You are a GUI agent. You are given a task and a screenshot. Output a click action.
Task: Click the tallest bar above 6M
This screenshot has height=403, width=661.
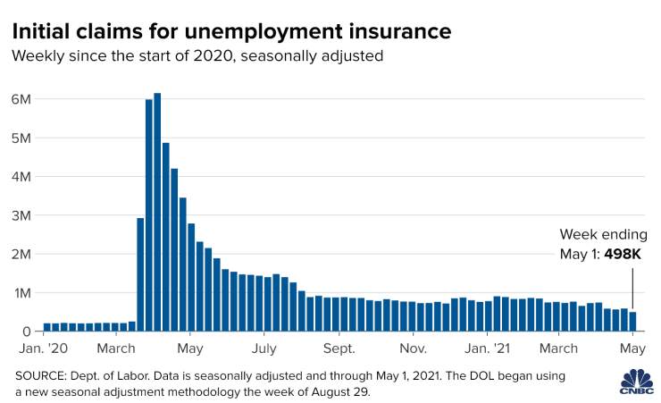point(157,212)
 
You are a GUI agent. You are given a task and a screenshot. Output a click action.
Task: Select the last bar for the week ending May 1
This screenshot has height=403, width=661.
point(632,322)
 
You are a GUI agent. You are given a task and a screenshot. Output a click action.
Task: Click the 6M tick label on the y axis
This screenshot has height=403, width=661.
point(21,99)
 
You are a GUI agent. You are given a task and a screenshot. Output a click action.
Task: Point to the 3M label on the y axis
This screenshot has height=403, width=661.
point(21,216)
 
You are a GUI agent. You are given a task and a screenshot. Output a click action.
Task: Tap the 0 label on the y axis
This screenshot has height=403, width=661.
point(27,332)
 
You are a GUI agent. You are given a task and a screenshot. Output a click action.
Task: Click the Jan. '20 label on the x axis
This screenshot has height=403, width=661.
point(44,348)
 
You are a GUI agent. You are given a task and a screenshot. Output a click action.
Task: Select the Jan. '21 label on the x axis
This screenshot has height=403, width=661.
point(488,348)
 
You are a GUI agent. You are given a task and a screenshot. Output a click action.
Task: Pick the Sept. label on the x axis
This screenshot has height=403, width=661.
point(339,349)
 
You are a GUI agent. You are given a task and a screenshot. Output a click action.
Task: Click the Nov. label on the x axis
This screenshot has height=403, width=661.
point(413,348)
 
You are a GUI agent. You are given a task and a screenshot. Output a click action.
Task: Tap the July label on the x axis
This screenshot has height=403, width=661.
point(264,349)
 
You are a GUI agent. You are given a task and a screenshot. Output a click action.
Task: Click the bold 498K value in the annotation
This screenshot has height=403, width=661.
point(623,254)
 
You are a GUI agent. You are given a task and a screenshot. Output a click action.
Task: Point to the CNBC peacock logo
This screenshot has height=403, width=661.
point(637,382)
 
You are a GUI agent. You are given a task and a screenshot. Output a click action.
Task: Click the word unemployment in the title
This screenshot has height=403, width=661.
point(264,32)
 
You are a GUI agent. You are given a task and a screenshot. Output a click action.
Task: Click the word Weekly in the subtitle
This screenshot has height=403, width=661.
point(38,56)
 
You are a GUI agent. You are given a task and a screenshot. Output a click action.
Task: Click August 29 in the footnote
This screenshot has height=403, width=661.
point(340,392)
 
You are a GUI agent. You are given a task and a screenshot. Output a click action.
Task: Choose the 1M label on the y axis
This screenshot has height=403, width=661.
point(22,293)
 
